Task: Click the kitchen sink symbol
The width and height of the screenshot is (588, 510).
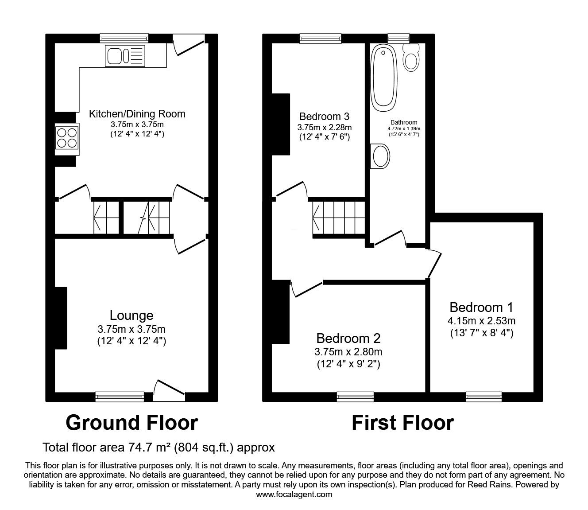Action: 124,56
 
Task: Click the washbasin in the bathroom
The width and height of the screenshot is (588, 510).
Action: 381,156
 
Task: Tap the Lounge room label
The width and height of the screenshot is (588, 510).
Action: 132,315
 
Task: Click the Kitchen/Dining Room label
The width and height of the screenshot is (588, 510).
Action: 137,113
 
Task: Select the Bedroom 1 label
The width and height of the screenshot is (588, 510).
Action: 482,307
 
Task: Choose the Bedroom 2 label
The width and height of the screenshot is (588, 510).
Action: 348,339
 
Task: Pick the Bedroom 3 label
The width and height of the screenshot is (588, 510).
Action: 324,117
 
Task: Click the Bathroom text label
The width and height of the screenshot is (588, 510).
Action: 403,122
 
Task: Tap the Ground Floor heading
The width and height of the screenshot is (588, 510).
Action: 132,423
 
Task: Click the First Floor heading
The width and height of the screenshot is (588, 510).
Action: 402,423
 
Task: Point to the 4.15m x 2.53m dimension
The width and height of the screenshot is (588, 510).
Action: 482,320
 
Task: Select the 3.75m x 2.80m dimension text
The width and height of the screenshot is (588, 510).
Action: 348,352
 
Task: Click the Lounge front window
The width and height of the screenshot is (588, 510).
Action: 120,397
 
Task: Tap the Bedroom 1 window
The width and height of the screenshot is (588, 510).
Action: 484,397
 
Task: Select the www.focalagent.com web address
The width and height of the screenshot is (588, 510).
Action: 294,494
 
